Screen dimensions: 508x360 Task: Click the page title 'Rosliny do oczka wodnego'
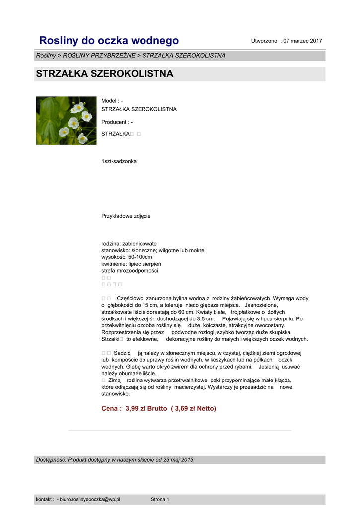point(109,40)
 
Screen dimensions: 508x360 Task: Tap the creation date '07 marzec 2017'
point(303,41)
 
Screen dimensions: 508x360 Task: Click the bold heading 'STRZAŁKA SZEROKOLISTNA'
point(105,74)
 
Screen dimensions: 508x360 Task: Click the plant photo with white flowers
point(66,121)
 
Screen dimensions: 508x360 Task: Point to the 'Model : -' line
point(112,101)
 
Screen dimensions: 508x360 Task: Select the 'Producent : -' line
point(117,122)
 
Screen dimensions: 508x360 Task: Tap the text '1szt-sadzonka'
point(119,161)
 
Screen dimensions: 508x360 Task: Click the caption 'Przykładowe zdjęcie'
point(126,216)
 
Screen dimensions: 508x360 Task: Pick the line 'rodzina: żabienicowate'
point(129,244)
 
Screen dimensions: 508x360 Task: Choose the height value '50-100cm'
point(140,257)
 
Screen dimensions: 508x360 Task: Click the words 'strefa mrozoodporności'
point(130,271)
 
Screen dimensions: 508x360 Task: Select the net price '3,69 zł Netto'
point(194,409)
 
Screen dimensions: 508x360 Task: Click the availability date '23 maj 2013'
point(176,460)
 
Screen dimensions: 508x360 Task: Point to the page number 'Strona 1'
point(160,499)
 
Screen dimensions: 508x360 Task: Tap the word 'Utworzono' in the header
point(264,41)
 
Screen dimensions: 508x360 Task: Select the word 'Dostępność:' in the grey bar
point(51,460)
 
